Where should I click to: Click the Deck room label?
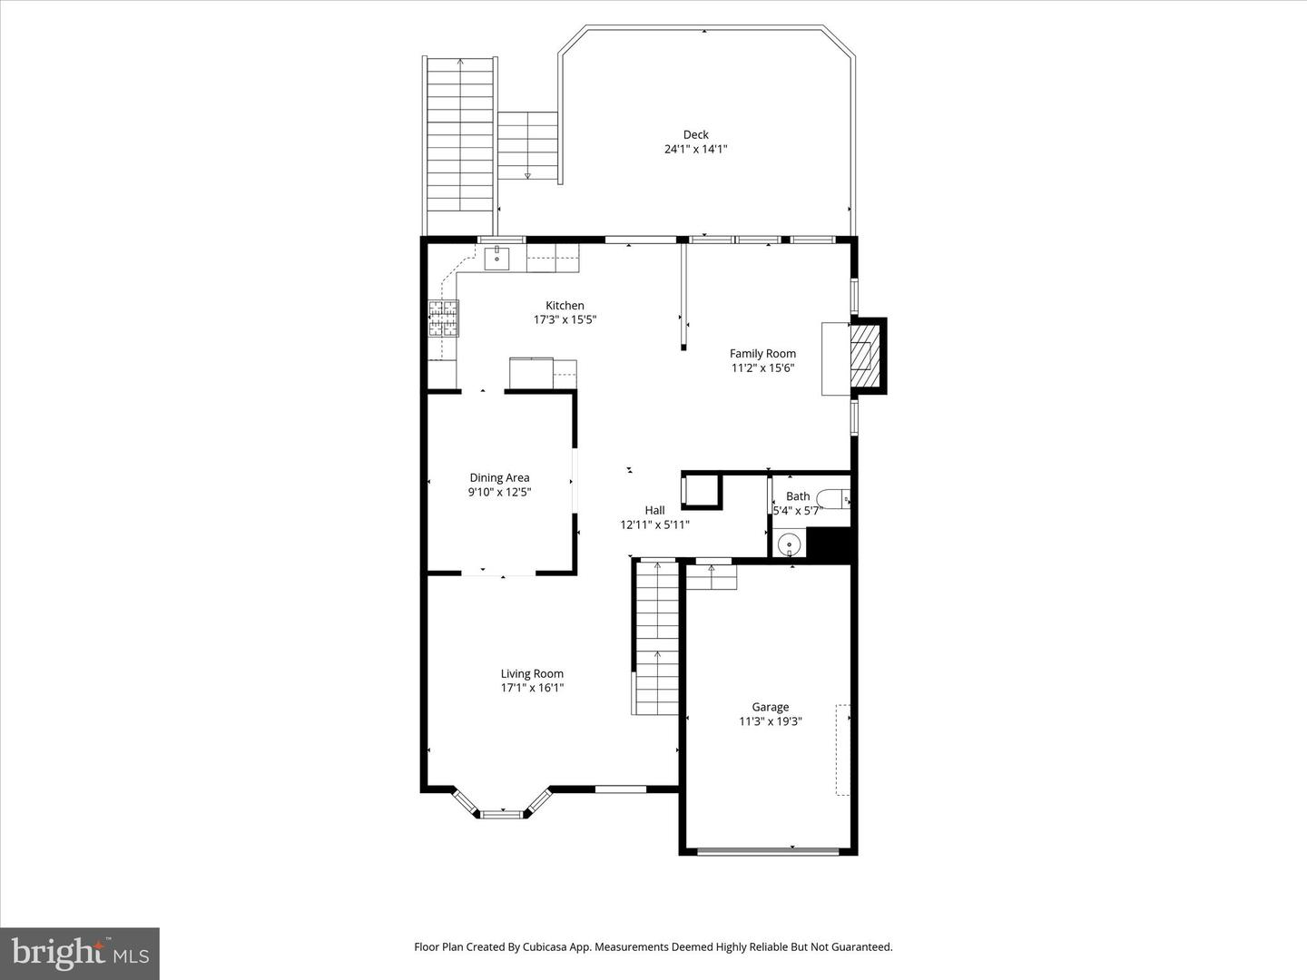[695, 134]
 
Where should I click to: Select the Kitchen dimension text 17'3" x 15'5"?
[565, 319]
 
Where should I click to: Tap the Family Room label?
[762, 354]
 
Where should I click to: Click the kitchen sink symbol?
[496, 259]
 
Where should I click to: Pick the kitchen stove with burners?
[444, 318]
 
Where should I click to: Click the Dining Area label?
[499, 477]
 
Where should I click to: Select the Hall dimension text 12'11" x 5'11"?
[654, 524]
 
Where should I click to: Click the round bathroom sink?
[790, 544]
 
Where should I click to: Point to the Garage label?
[770, 707]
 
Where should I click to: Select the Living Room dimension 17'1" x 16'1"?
[532, 688]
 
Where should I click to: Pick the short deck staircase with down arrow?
[526, 145]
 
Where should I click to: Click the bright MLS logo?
[80, 953]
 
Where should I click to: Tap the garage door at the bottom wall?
[769, 850]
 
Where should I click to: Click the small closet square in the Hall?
[701, 492]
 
